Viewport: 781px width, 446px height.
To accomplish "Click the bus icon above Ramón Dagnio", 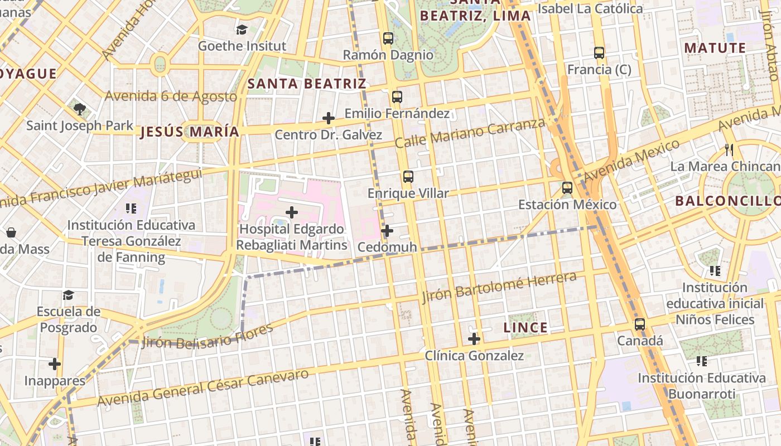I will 388,38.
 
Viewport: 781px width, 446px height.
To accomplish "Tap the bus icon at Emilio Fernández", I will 397,97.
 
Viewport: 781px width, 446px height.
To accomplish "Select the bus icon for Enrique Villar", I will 408,177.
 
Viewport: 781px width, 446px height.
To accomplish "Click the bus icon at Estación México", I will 567,188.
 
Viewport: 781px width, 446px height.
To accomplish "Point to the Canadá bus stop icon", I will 640,324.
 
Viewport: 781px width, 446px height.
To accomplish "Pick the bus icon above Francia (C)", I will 599,53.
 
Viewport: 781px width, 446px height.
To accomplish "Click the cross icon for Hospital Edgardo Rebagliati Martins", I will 291,212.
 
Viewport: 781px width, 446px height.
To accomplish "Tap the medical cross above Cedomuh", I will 387,230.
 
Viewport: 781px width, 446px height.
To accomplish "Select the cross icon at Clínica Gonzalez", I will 474,338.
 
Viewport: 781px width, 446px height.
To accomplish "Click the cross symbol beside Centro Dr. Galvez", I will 329,118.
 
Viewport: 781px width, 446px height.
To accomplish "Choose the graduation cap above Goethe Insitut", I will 242,30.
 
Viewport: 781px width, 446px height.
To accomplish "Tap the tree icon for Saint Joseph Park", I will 80,109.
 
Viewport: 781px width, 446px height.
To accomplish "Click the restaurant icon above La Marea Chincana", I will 729,149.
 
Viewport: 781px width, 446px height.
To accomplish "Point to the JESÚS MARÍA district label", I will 190,132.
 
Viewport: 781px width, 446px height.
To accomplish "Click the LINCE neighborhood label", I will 526,328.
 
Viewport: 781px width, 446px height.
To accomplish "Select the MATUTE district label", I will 715,48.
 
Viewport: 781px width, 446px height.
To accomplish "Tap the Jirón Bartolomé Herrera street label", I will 499,287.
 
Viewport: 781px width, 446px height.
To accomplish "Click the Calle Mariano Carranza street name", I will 470,133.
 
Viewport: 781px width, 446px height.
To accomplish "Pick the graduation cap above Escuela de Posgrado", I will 68,294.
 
